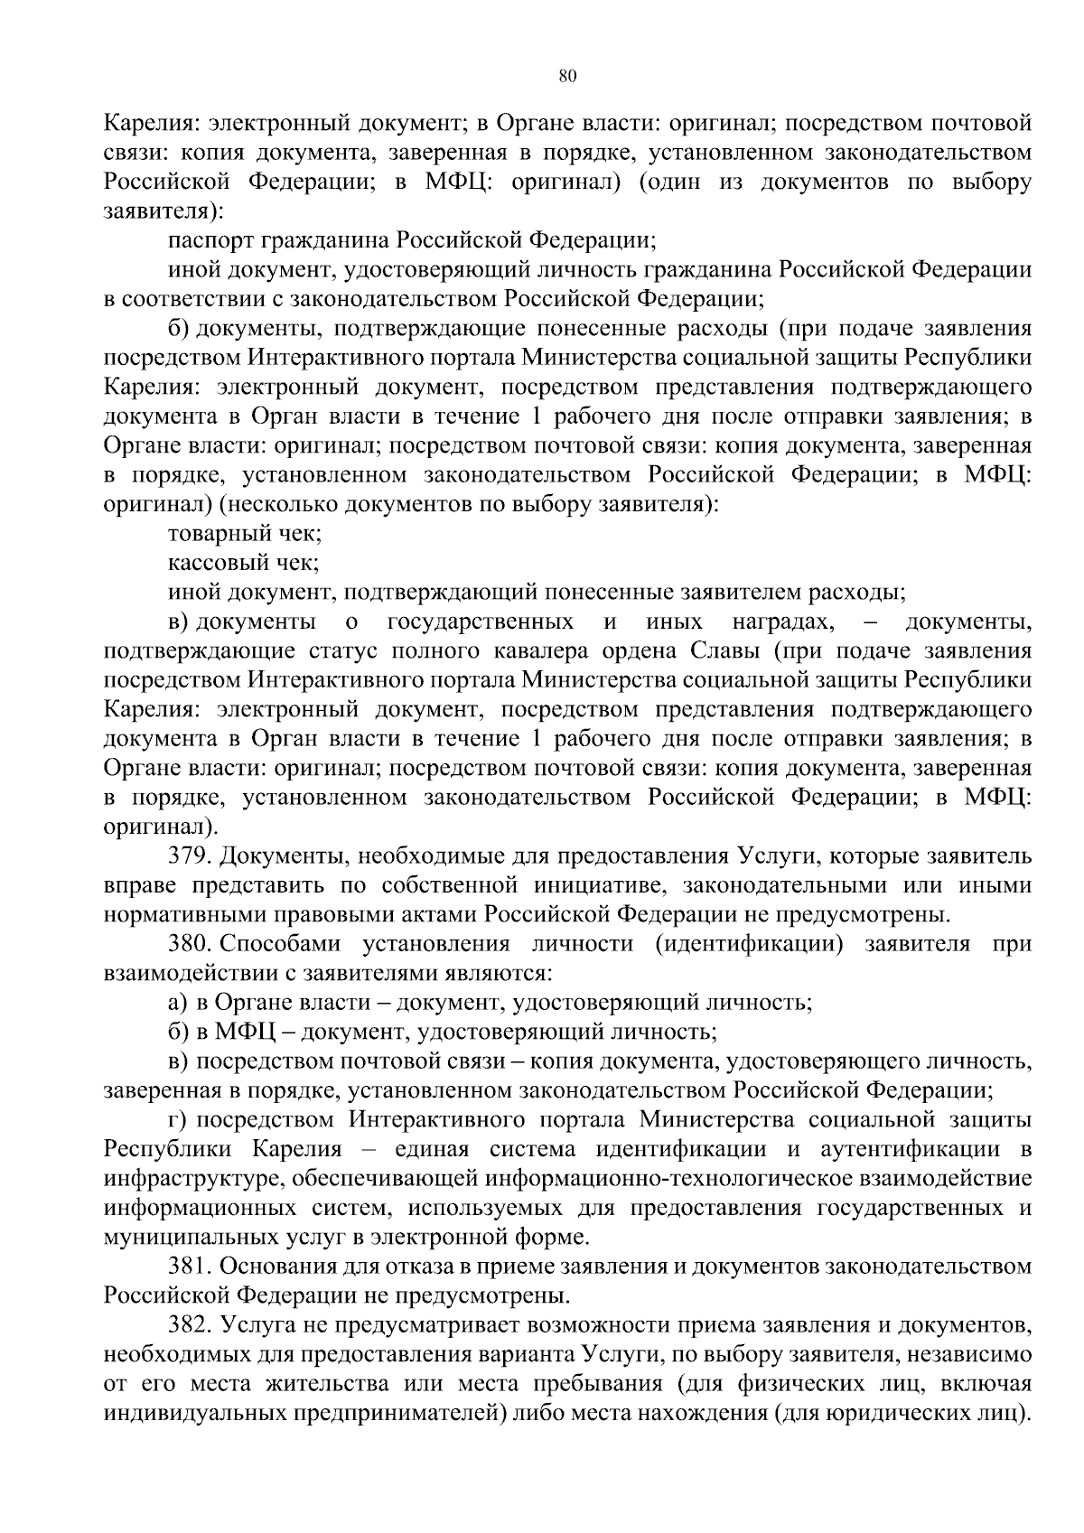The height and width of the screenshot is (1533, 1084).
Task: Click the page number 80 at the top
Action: (567, 76)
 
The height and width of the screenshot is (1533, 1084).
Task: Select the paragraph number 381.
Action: (190, 1267)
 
